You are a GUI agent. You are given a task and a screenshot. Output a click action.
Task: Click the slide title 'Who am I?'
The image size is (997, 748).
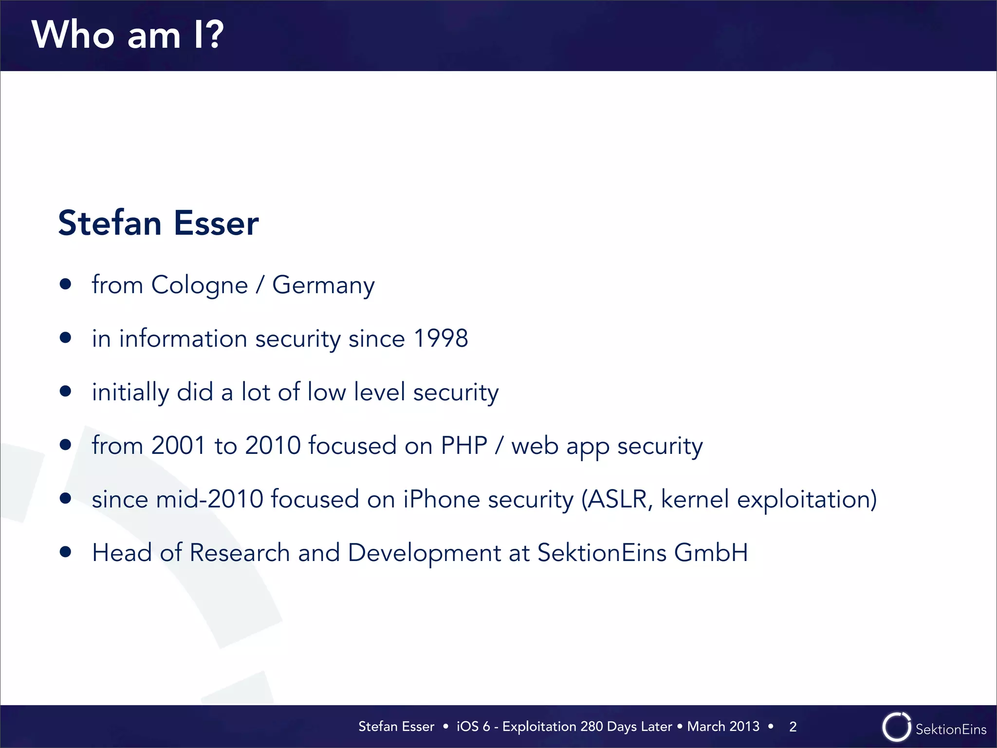tap(128, 35)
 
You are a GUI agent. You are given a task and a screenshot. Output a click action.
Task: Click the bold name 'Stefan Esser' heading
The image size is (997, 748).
tap(158, 223)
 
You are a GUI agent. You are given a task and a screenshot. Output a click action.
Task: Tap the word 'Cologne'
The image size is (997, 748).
tap(200, 285)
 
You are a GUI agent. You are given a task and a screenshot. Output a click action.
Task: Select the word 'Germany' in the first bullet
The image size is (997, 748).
tap(323, 285)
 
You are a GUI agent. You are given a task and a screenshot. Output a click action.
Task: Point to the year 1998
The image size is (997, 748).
tap(441, 338)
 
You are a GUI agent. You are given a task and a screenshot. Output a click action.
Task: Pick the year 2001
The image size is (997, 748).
tap(178, 446)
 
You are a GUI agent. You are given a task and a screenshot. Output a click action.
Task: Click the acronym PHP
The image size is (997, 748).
tap(464, 446)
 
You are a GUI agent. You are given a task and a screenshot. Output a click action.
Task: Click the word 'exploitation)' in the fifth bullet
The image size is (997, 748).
tap(807, 499)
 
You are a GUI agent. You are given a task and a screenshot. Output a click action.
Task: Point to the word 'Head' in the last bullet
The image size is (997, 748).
tap(122, 553)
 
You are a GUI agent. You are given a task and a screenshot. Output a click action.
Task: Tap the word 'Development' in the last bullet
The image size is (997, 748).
tap(425, 553)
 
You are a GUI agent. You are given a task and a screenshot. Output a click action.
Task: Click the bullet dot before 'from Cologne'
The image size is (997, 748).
tap(66, 284)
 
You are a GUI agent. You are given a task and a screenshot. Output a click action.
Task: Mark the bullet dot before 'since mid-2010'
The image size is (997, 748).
tap(66, 498)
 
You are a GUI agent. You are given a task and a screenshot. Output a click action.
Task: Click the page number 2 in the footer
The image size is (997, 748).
tap(793, 727)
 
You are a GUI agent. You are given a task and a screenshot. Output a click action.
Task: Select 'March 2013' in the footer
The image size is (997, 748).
tap(723, 727)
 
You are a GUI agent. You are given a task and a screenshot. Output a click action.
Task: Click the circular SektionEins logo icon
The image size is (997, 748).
tap(896, 727)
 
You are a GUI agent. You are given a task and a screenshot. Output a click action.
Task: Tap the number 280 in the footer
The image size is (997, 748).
tap(591, 727)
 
